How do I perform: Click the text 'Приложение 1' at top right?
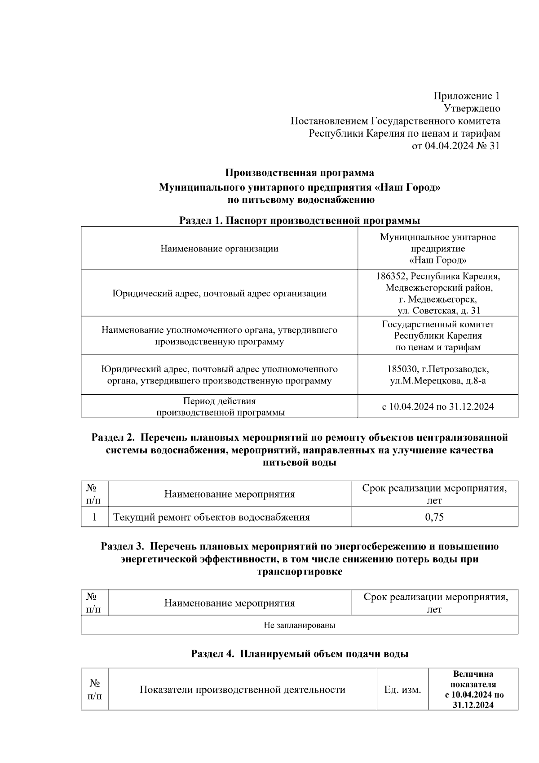click(x=466, y=96)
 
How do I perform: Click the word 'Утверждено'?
click(x=472, y=108)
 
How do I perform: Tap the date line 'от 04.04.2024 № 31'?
click(x=456, y=146)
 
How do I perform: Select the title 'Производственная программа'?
click(x=300, y=173)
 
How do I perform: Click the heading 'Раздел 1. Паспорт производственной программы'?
click(x=300, y=221)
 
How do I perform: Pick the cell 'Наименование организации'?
click(x=219, y=249)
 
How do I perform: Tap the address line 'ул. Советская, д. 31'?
click(x=438, y=311)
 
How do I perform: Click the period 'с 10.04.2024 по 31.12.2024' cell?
click(x=438, y=407)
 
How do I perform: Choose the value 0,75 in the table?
click(x=434, y=517)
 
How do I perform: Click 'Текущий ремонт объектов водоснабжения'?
click(x=212, y=517)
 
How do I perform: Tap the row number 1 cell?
click(x=95, y=517)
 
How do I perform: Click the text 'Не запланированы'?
click(x=300, y=625)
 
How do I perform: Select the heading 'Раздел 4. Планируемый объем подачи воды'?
click(x=300, y=654)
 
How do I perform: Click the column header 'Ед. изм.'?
click(x=402, y=690)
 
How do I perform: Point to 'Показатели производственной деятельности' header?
click(x=243, y=690)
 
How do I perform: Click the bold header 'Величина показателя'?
click(x=473, y=679)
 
